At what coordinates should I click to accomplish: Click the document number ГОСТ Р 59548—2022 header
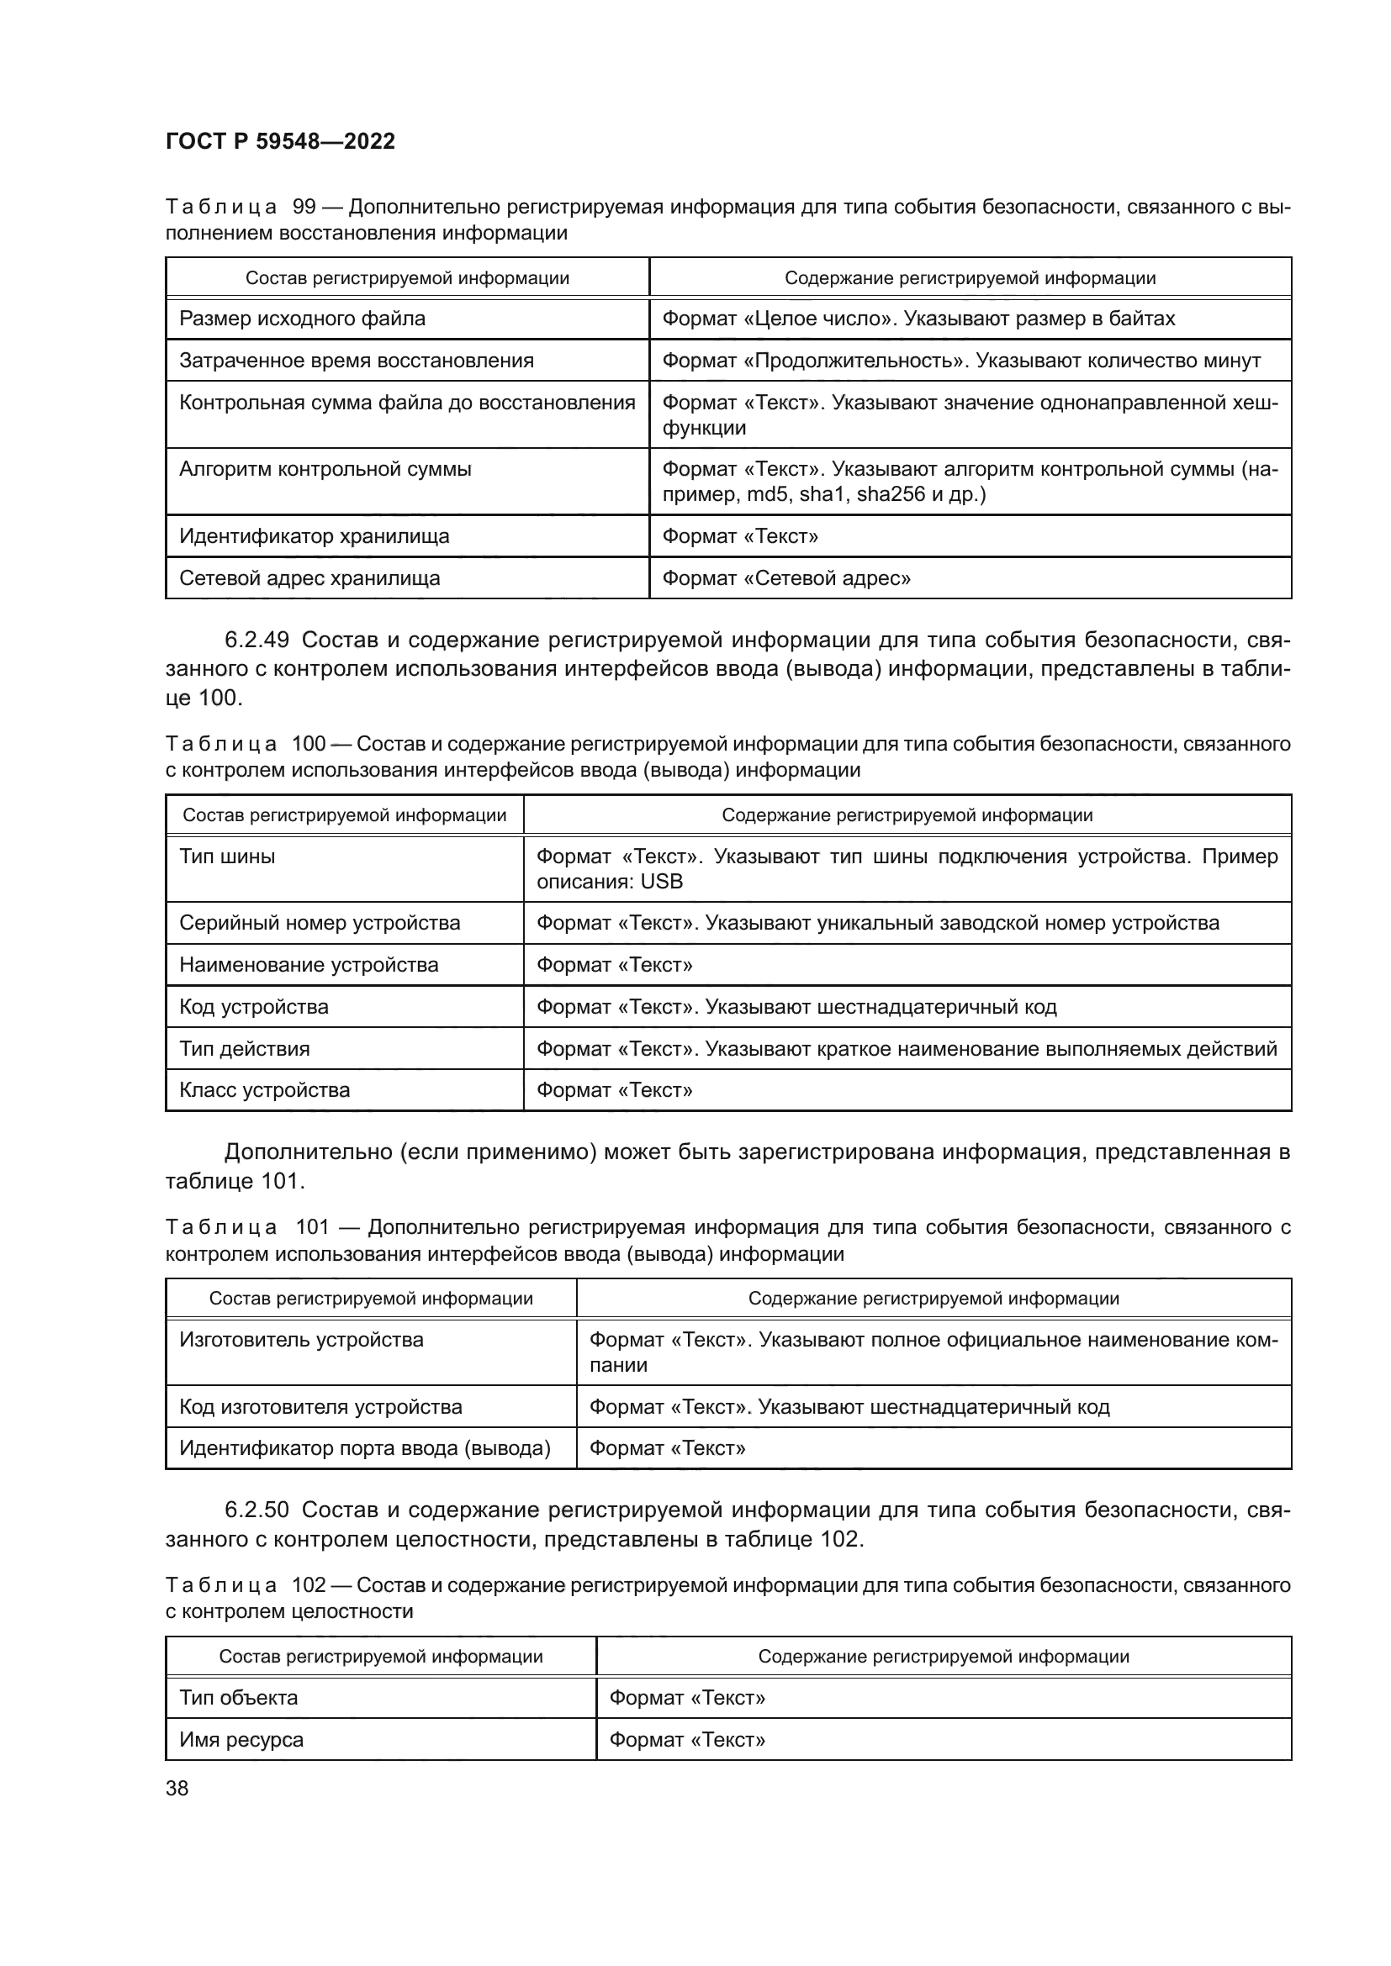(x=280, y=141)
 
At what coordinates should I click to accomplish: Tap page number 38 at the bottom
(x=177, y=1788)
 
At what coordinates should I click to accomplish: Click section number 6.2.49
(x=257, y=640)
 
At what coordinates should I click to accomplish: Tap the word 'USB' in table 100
(x=661, y=881)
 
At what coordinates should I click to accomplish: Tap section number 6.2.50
(x=257, y=1509)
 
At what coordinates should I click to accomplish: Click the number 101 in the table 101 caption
(x=312, y=1227)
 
